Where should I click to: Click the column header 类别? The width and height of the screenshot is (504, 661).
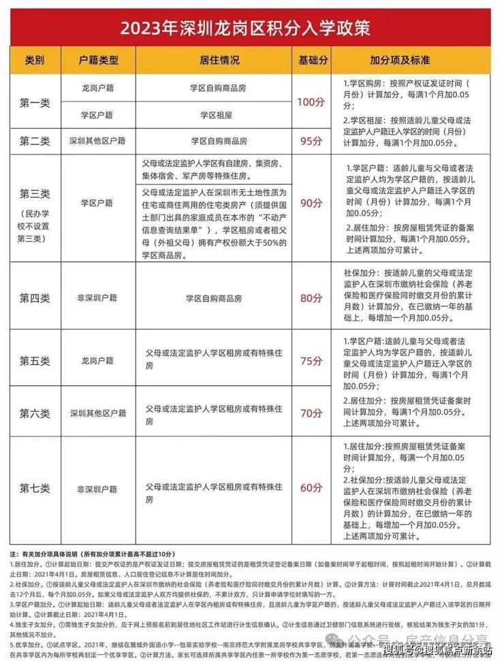pos(35,60)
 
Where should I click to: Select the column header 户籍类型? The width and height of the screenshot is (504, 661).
pos(99,60)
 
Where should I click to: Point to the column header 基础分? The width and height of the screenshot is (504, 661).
pos(311,60)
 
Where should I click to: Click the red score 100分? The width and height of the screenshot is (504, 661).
pos(311,102)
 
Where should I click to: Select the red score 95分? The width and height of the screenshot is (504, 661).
pos(311,141)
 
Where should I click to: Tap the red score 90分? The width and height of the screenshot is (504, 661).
pos(311,204)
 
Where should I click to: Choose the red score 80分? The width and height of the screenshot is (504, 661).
pos(311,297)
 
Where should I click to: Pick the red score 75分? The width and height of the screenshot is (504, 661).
pos(311,360)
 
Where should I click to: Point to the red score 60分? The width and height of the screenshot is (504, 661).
pos(311,487)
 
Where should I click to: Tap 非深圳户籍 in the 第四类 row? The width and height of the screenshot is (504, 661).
pos(99,297)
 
